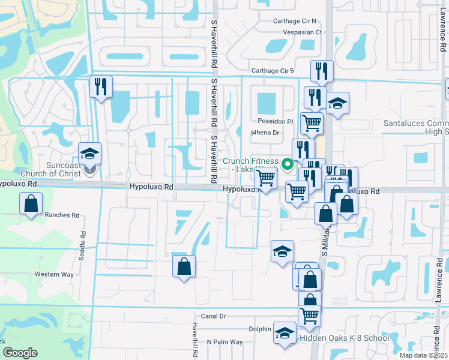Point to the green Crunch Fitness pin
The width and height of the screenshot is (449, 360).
288,162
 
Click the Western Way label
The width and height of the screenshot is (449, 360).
53,274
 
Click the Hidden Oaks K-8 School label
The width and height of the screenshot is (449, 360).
345,338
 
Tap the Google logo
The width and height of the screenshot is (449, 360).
20,352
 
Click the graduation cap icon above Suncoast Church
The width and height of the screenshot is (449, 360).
89,154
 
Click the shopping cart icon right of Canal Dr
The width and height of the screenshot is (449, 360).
309,314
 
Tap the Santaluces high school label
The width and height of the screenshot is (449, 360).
416,127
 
